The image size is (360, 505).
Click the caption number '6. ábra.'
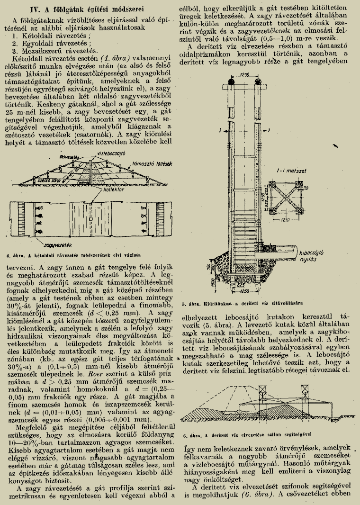pyautogui.click(x=193, y=434)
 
